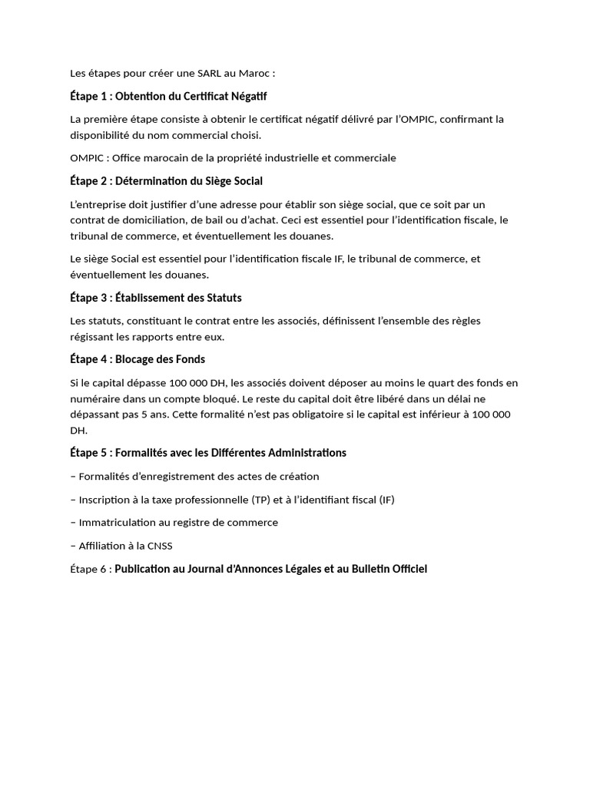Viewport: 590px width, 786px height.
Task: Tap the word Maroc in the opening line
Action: click(x=257, y=73)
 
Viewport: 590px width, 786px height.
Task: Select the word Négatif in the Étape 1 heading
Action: click(x=247, y=96)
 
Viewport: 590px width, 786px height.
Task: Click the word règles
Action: click(x=465, y=320)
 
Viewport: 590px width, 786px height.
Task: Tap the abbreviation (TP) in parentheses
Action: click(x=261, y=500)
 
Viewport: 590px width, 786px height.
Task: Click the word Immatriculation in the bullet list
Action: click(x=123, y=523)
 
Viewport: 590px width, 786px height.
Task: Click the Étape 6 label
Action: click(x=87, y=570)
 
